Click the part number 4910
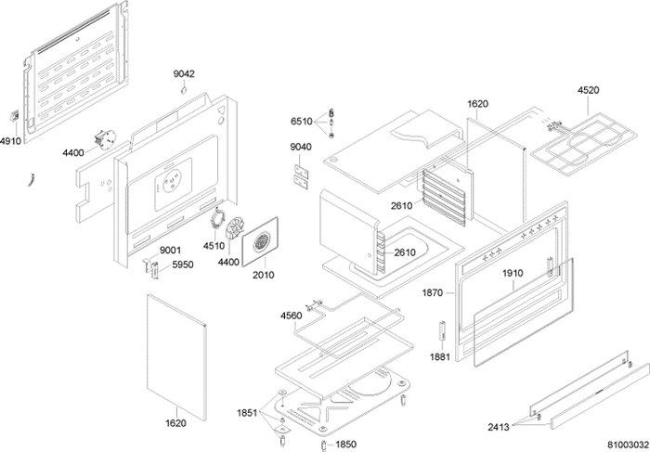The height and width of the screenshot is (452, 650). [10, 140]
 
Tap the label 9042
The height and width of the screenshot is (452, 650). [184, 73]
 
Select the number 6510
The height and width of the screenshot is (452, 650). [301, 122]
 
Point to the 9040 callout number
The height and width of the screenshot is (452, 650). [301, 148]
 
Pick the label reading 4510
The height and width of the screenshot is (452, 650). [215, 246]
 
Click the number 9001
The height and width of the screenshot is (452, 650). [170, 251]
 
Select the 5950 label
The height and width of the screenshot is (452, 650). [181, 264]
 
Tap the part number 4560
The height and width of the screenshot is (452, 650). [291, 316]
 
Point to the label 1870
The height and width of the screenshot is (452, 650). [433, 292]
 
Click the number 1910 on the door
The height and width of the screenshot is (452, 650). [513, 274]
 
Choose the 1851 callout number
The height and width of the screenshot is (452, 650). [247, 411]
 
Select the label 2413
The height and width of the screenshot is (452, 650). [498, 427]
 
